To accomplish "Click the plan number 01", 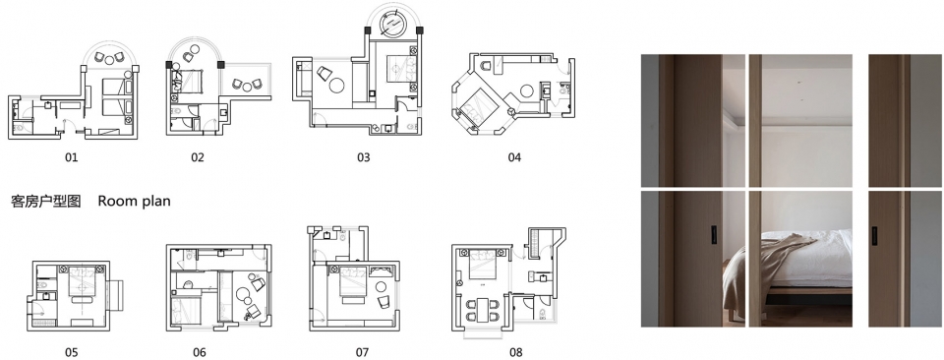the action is [x=71, y=157].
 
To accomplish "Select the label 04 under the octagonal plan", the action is [x=513, y=157].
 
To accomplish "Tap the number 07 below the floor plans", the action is [x=362, y=351].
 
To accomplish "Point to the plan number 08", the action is [x=515, y=351].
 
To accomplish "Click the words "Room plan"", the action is [x=135, y=201].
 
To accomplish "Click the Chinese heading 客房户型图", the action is [x=46, y=201].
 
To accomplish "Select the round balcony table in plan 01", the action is [x=109, y=59].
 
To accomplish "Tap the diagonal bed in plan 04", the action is [x=478, y=106].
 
